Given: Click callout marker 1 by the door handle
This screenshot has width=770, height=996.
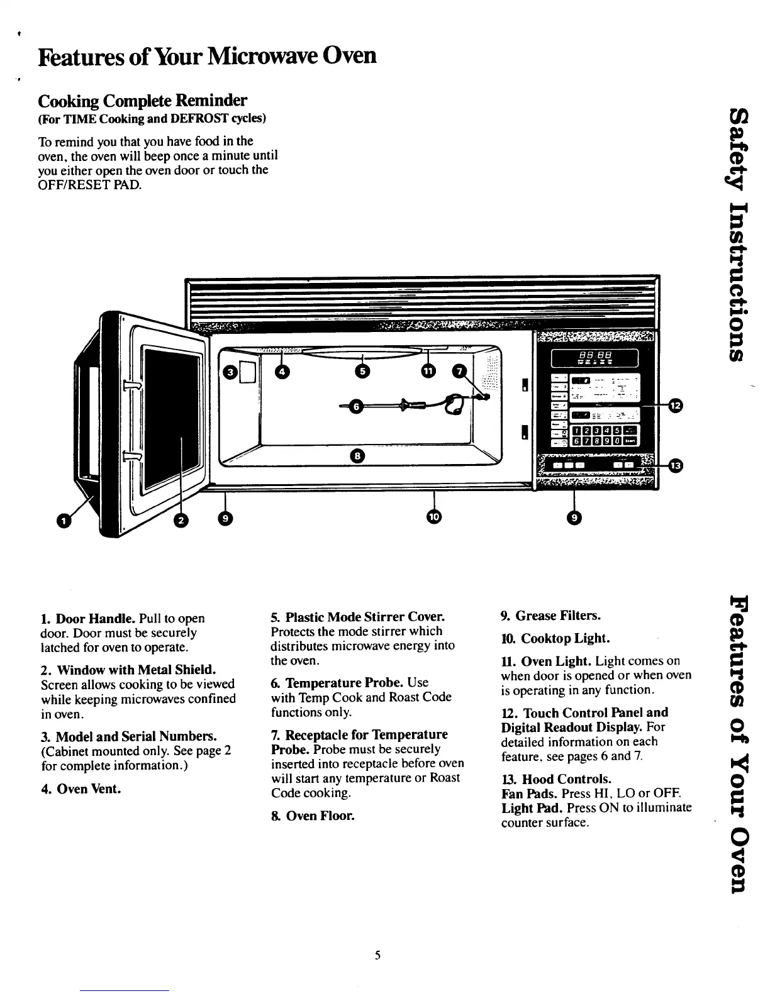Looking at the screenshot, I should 63,520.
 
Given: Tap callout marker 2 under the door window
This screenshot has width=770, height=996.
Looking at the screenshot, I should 182,519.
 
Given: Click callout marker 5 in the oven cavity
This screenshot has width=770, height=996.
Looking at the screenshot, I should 362,372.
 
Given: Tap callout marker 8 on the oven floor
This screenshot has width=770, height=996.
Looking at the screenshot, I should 356,455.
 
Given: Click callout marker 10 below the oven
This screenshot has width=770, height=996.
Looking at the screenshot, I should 434,517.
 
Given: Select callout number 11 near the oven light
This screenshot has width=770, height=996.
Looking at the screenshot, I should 428,372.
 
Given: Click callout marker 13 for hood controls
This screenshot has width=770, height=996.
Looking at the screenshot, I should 674,466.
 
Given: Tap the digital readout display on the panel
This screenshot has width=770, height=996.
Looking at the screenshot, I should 594,359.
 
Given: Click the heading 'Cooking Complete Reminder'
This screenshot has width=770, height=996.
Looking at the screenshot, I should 143,101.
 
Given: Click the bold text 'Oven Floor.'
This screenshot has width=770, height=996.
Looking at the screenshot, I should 320,816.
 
